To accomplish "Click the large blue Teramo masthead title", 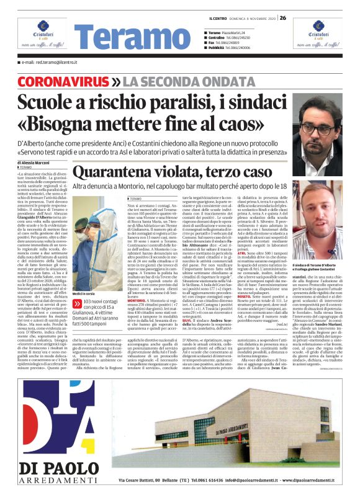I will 112,37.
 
